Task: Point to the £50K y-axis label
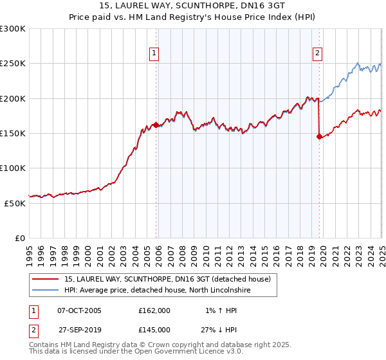click(15, 203)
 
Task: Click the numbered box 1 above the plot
click(155, 54)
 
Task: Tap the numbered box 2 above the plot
click(318, 54)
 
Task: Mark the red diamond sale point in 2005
click(156, 125)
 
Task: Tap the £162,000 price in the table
click(154, 310)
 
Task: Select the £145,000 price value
click(154, 329)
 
